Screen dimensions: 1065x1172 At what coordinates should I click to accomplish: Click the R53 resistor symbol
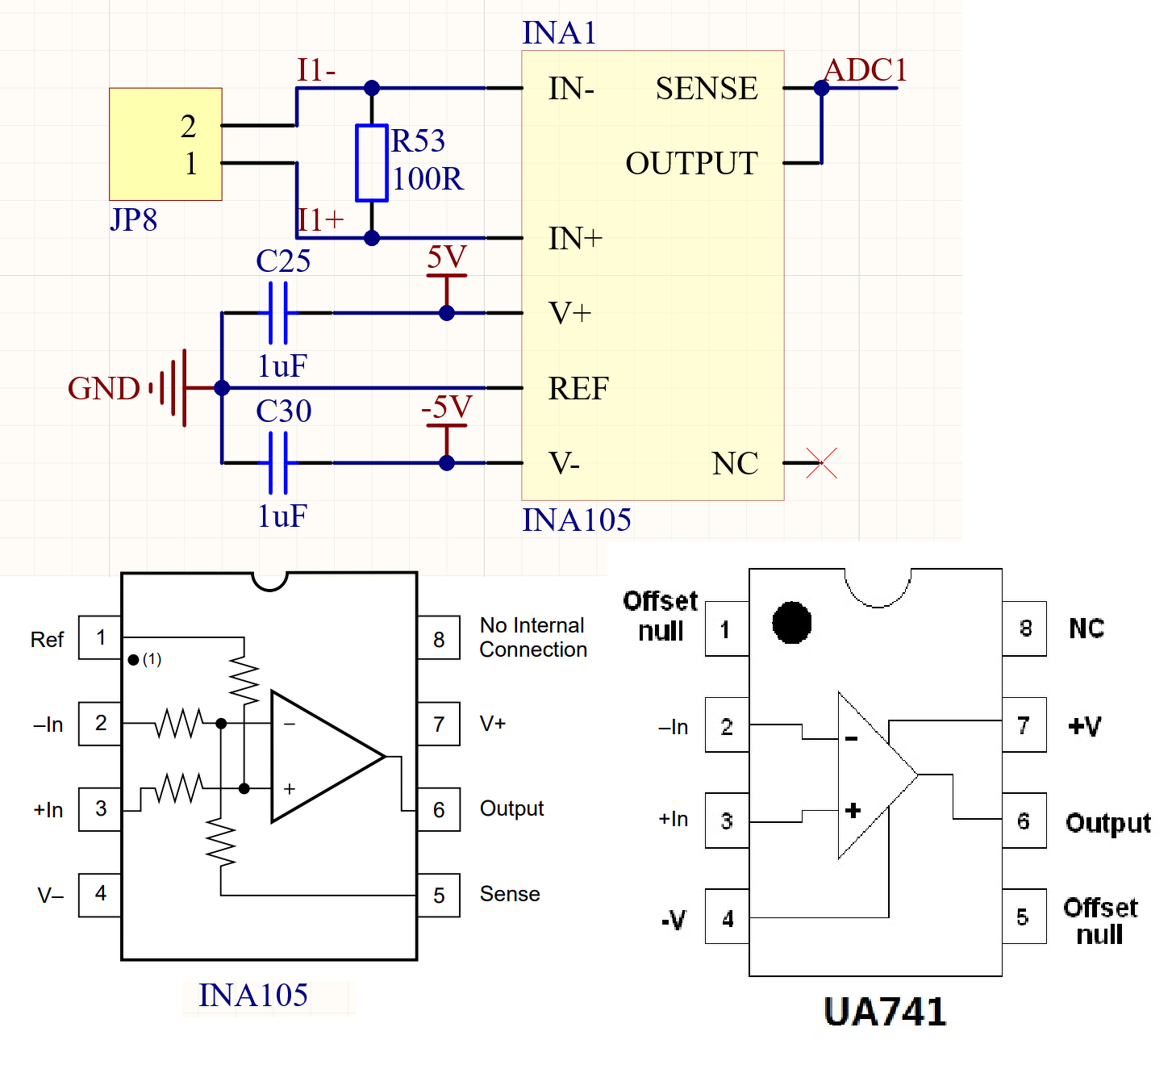tap(371, 163)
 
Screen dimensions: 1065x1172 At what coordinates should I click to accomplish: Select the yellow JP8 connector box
tap(165, 144)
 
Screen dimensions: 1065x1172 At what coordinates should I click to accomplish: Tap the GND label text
tap(103, 389)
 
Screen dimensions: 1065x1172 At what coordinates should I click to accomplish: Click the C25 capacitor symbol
tap(278, 313)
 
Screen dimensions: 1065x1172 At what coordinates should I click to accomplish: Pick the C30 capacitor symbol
tap(278, 463)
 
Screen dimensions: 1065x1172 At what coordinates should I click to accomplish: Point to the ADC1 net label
tap(865, 70)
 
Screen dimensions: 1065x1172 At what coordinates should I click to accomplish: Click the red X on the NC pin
tap(822, 463)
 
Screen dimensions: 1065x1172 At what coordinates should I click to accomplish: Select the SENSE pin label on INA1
tap(707, 89)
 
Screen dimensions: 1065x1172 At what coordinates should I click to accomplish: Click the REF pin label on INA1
tap(578, 389)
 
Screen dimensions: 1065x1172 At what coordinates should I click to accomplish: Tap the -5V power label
tap(446, 407)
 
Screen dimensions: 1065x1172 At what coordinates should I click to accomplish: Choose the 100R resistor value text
tap(428, 179)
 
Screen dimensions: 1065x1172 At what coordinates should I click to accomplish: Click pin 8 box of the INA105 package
tap(439, 638)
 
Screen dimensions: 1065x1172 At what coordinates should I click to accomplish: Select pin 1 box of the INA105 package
tap(100, 638)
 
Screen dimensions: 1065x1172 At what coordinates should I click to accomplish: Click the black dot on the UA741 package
tap(791, 623)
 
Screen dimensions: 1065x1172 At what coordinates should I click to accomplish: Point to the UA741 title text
tap(885, 1013)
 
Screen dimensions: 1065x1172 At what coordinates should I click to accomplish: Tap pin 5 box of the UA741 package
tap(1024, 917)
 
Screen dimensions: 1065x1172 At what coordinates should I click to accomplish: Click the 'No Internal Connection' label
tap(532, 637)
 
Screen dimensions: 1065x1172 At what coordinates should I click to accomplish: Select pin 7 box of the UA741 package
tap(1024, 725)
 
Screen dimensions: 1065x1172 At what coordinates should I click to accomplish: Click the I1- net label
tap(315, 70)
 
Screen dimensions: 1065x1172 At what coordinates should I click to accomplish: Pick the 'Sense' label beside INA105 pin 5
tap(510, 894)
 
